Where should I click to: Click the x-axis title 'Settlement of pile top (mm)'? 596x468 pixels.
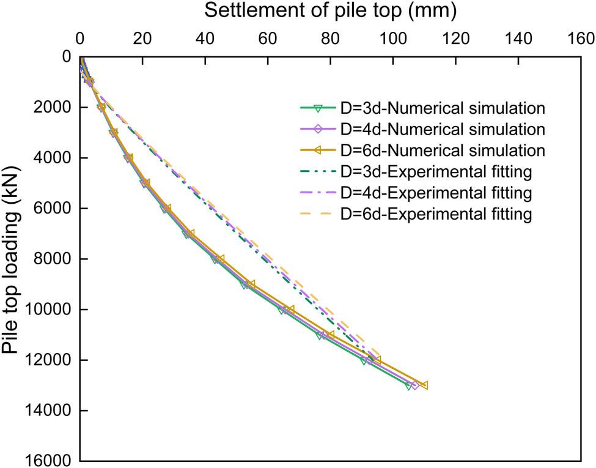pos(330,10)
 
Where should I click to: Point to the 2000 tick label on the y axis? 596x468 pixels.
pos(52,107)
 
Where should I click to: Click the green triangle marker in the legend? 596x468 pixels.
pos(317,108)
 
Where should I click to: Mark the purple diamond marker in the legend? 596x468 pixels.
pos(317,130)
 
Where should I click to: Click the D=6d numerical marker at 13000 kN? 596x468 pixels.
pos(424,385)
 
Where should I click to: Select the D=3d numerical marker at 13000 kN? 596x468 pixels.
pos(409,386)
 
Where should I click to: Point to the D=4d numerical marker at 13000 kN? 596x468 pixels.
pos(415,385)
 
